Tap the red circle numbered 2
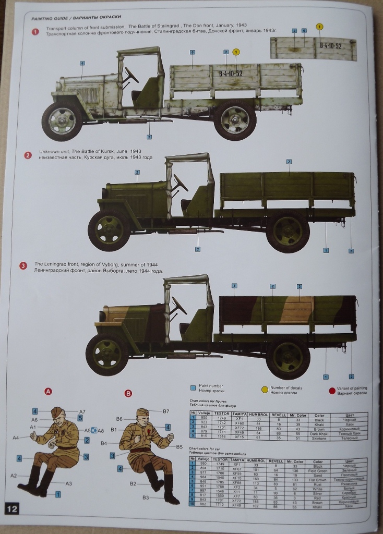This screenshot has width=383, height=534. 28,155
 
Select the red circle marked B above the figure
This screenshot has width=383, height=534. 129,393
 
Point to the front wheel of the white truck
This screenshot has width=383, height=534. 62,120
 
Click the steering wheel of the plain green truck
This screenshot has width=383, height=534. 180,183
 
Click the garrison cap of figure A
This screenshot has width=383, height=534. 58,412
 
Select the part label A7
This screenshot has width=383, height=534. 82,411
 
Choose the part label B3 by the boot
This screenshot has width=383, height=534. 146,497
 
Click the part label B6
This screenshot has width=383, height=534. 119,419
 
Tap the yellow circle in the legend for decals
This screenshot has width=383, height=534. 265,389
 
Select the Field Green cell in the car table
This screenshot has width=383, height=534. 318,470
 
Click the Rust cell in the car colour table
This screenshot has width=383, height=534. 318,484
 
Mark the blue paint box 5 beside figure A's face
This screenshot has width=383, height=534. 80,417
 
